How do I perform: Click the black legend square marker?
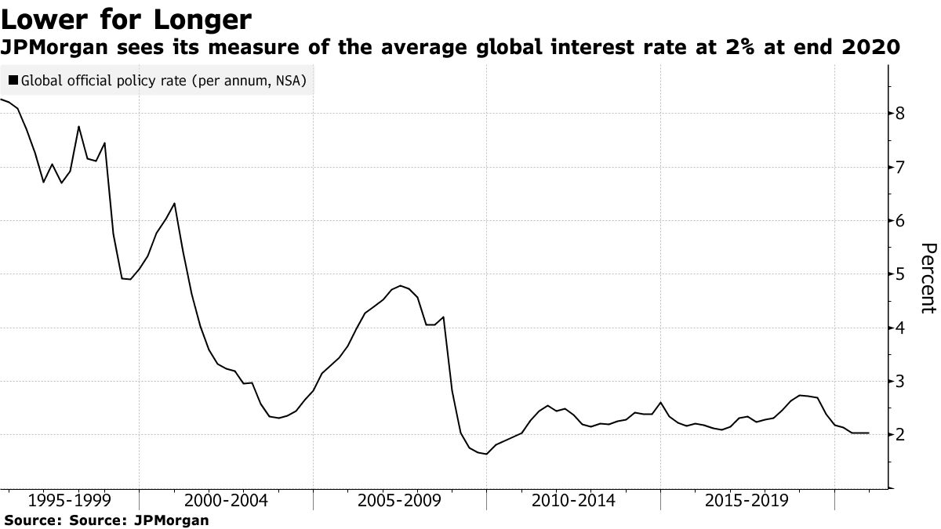click(x=13, y=80)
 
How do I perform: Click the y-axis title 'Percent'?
click(x=927, y=278)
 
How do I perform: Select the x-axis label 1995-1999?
click(x=73, y=501)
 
